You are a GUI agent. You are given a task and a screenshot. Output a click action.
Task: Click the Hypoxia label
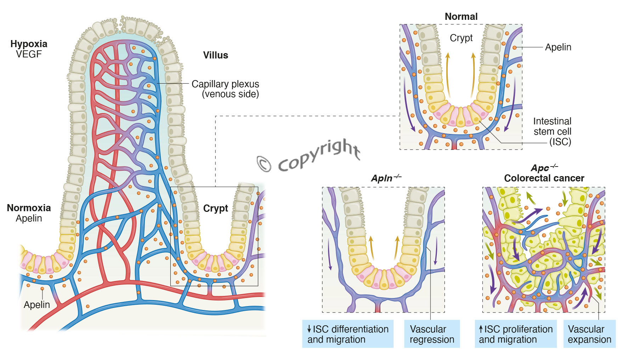click(x=29, y=44)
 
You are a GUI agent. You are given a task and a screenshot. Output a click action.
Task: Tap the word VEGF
click(x=29, y=54)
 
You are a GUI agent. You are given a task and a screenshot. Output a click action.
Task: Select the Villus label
click(x=215, y=55)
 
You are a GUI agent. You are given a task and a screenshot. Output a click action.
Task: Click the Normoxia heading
click(x=29, y=208)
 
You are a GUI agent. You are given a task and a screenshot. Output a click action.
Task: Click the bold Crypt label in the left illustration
click(x=215, y=208)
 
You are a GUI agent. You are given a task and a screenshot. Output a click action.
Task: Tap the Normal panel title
click(x=461, y=17)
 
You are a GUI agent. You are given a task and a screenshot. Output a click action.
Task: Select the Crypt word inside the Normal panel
click(x=461, y=38)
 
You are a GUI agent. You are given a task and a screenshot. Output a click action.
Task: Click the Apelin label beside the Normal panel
click(x=558, y=47)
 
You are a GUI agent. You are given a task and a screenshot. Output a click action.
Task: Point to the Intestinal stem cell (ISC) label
click(x=552, y=131)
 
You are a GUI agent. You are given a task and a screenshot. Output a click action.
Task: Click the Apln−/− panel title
click(x=386, y=178)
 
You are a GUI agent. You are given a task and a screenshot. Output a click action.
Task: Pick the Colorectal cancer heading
click(x=544, y=178)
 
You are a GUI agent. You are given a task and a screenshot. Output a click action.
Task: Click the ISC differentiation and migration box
click(x=348, y=334)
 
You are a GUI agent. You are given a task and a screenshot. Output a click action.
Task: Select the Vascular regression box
click(x=431, y=334)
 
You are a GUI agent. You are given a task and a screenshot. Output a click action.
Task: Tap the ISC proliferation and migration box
click(x=515, y=334)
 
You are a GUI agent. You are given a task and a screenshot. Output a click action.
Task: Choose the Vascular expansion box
click(x=589, y=334)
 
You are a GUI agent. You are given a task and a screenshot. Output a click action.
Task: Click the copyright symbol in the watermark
click(x=264, y=164)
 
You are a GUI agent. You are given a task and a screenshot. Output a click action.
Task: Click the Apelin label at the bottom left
click(x=37, y=305)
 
